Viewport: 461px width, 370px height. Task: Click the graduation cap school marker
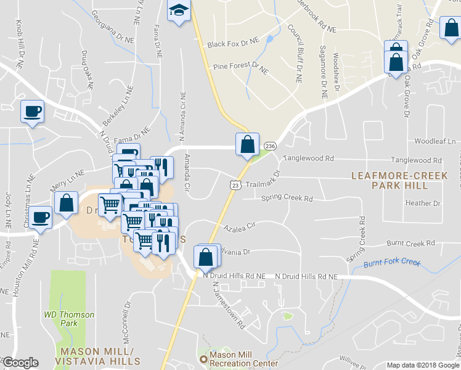(x=179, y=11)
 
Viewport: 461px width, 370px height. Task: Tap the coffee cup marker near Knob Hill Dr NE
(x=32, y=112)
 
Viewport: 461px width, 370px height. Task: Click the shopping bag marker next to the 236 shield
(x=247, y=145)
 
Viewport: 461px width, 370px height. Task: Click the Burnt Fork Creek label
(x=392, y=263)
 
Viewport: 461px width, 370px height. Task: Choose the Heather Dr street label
(x=423, y=203)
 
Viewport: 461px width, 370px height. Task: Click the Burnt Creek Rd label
(x=410, y=244)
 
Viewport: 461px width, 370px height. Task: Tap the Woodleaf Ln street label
(x=436, y=141)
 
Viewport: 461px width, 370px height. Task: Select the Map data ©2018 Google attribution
(x=423, y=364)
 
